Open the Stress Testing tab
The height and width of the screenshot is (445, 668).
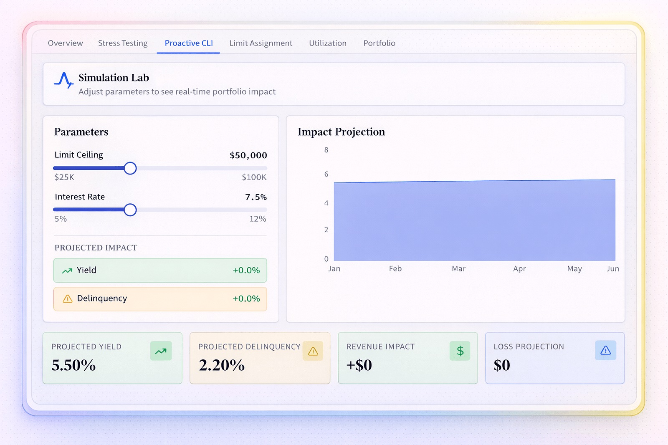(123, 43)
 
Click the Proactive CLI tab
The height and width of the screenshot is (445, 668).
(189, 43)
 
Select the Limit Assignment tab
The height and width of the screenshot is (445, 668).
(261, 43)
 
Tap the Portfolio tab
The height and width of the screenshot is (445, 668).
(379, 43)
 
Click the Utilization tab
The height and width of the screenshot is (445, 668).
(328, 43)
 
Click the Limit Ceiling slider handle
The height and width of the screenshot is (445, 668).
(130, 168)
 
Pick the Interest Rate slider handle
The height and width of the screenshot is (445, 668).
(130, 210)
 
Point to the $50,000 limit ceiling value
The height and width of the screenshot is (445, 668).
(248, 155)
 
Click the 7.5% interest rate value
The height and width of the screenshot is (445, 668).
(256, 197)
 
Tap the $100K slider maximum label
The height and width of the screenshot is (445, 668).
(254, 177)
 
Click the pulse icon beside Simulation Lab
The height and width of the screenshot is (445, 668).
(63, 80)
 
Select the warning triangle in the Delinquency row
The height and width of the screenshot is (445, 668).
(67, 298)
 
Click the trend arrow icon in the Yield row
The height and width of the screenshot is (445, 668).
(67, 271)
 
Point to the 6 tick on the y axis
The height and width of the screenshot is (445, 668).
(326, 174)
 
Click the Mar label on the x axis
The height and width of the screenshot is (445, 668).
(458, 269)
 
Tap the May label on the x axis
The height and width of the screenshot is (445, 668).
(574, 269)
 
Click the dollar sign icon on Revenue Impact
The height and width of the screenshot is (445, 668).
(460, 351)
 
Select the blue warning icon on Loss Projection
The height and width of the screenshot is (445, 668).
(605, 350)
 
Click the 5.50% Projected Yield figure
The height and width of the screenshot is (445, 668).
(74, 365)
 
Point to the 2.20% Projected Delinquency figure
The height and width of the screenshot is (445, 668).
(222, 365)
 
